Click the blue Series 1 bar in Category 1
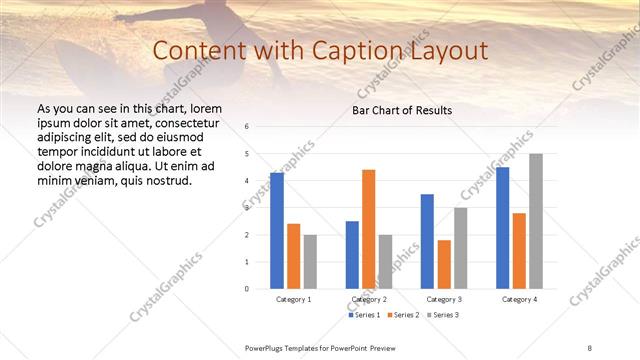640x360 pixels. pyautogui.click(x=277, y=231)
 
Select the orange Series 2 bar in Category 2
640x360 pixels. pyautogui.click(x=368, y=229)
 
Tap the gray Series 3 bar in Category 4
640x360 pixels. pyautogui.click(x=536, y=221)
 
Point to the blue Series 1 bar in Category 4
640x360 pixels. pyautogui.click(x=502, y=228)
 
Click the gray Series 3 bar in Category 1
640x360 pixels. pyautogui.click(x=310, y=261)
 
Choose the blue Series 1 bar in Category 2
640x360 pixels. pyautogui.click(x=352, y=255)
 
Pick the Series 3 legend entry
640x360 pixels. pyautogui.click(x=443, y=315)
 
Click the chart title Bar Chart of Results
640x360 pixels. pyautogui.click(x=401, y=110)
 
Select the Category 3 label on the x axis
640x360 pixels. pyautogui.click(x=443, y=299)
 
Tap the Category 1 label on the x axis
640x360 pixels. pyautogui.click(x=293, y=299)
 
